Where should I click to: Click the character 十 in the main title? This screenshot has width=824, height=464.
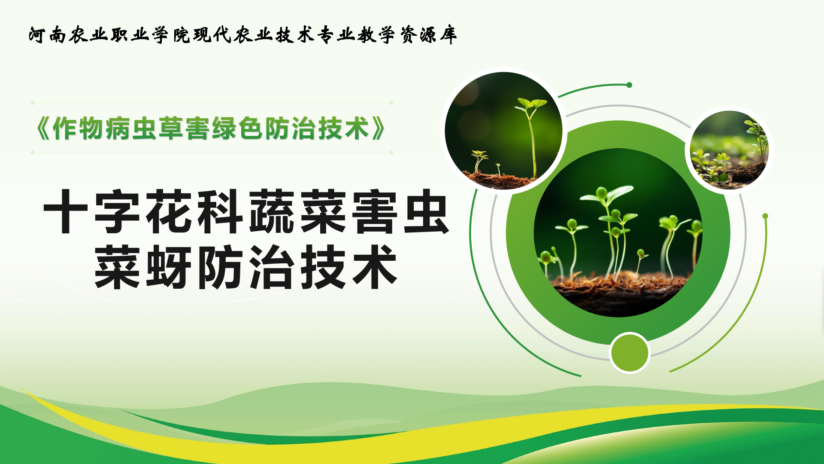(66, 212)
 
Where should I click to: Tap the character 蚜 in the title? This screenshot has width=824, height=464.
(168, 267)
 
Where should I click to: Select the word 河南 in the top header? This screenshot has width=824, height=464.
(47, 35)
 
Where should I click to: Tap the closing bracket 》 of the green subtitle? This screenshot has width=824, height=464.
(378, 128)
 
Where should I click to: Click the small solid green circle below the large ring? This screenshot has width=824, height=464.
(630, 353)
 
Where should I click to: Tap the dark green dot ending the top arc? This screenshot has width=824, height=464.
(629, 85)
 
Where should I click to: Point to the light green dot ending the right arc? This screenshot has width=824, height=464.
(765, 216)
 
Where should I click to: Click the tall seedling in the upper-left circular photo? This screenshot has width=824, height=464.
(532, 137)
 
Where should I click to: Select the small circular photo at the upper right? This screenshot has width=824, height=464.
(729, 150)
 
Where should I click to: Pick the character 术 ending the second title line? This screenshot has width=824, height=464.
(375, 267)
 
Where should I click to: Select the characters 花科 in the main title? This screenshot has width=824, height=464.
(194, 212)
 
